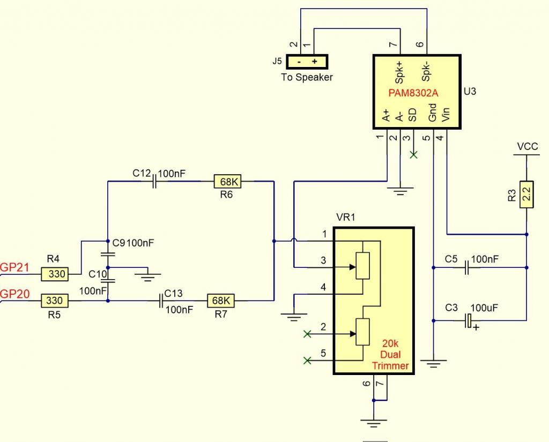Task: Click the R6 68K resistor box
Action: (228, 182)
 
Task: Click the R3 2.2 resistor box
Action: (527, 195)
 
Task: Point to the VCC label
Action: (528, 146)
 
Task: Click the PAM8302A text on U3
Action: (413, 93)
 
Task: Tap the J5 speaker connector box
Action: (307, 61)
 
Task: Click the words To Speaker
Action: (307, 77)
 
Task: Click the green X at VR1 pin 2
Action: (307, 334)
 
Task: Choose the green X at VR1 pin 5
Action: (307, 361)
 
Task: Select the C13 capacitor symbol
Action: (161, 301)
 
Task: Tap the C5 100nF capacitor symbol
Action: (466, 266)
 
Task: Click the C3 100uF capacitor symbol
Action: (469, 321)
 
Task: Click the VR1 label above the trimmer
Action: (346, 217)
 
